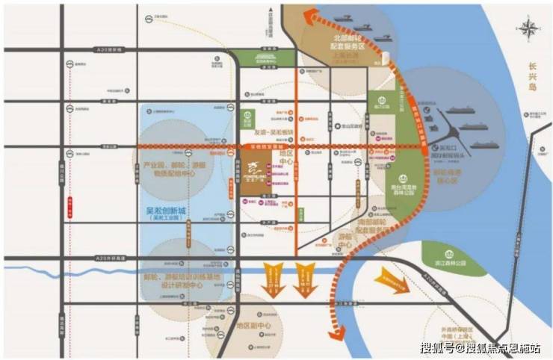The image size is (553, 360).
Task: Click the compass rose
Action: [530, 30]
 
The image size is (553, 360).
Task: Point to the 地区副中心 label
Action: [252, 326]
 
